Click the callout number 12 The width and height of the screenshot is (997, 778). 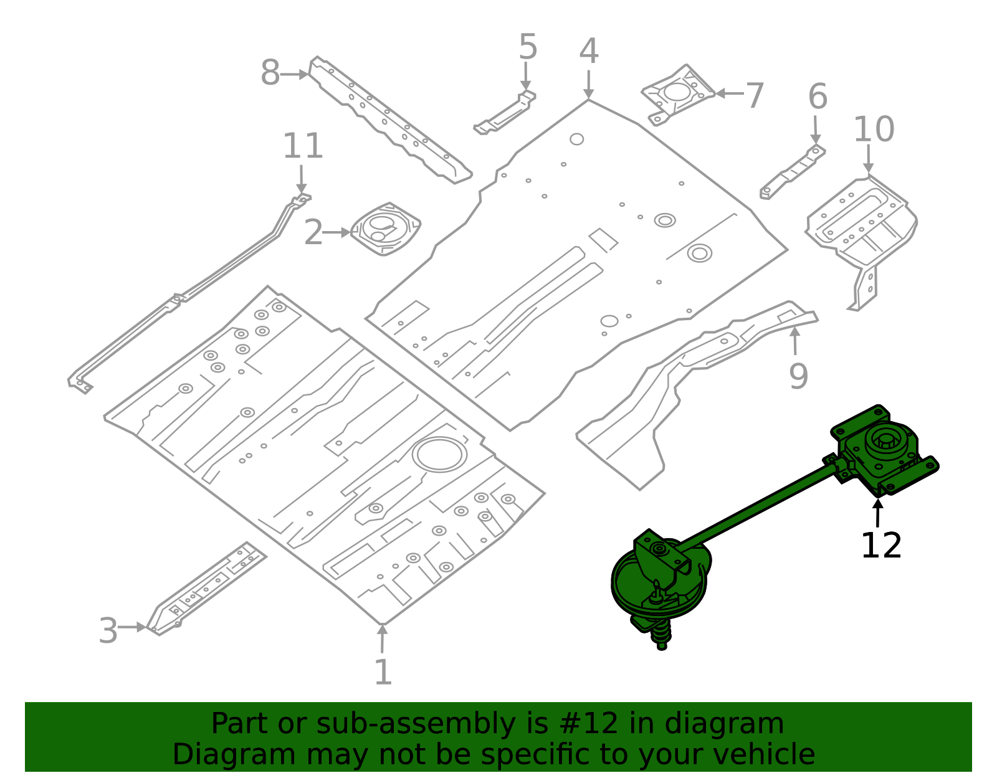(x=880, y=546)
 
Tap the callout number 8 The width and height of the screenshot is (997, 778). (x=270, y=74)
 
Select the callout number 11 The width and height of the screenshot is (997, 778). (x=303, y=147)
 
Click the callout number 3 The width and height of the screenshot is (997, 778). (x=108, y=631)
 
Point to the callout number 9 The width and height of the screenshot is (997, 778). (x=798, y=376)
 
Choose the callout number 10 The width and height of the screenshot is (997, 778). (x=873, y=130)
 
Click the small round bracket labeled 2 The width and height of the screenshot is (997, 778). (x=385, y=229)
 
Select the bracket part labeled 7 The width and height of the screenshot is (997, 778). (x=678, y=94)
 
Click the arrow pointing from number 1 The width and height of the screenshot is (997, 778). (x=382, y=638)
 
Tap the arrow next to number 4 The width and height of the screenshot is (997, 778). (x=588, y=84)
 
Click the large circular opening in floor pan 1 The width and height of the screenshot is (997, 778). (x=440, y=454)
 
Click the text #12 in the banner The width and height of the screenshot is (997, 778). (x=588, y=724)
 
